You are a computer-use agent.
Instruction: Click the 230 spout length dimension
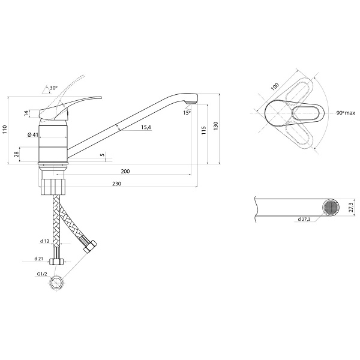tap(116, 184)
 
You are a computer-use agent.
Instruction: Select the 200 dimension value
tap(125, 171)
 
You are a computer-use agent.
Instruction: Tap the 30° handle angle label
tap(53, 88)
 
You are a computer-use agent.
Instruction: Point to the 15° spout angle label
tap(187, 113)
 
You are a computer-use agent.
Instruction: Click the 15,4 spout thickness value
tap(146, 127)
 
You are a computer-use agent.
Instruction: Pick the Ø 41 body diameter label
tap(33, 135)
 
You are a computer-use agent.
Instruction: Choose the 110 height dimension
tap(5, 130)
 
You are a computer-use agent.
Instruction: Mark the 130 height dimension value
tap(215, 126)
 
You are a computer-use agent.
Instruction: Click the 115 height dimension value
tap(203, 130)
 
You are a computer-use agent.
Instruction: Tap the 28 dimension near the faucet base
tap(17, 154)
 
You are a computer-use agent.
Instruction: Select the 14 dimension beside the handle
tap(27, 113)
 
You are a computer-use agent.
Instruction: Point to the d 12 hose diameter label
tap(45, 241)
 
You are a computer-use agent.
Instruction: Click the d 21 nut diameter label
tap(39, 259)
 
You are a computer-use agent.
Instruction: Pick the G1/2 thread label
tap(42, 274)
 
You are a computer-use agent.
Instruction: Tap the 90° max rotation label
tap(346, 113)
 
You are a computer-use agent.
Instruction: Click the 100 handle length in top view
tap(275, 86)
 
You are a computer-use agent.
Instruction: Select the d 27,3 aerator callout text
tap(304, 219)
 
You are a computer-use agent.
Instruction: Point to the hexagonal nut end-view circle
tap(56, 283)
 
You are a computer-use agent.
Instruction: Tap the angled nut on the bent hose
tap(90, 247)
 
